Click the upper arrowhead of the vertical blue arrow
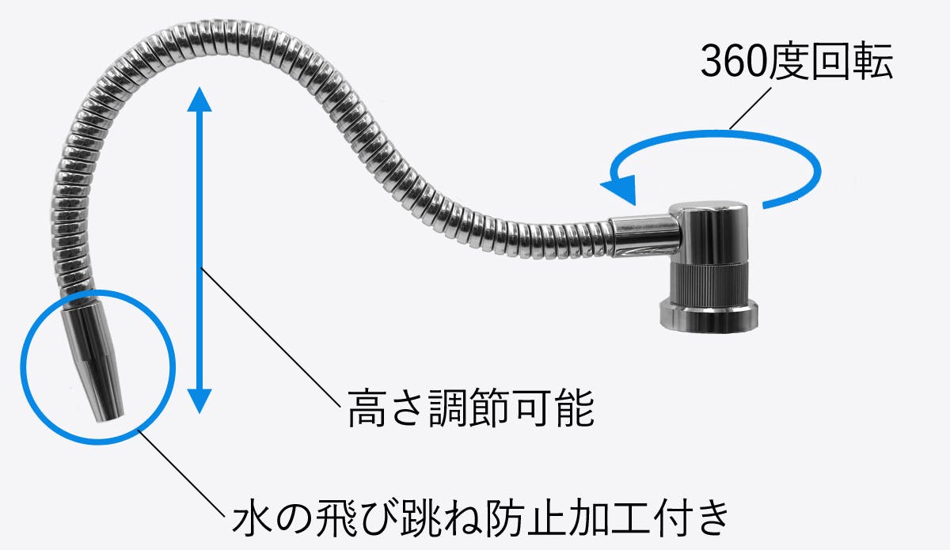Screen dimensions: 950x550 199,99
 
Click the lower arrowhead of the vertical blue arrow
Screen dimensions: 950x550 199,400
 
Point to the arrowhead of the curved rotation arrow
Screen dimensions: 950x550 619,189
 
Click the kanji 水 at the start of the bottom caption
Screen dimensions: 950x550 252,519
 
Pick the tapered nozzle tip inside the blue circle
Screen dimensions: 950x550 94,360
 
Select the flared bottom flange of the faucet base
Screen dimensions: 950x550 709,316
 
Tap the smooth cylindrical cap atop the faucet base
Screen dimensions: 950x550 709,233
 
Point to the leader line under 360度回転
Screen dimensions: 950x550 750,108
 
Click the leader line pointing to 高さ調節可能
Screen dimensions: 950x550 271,337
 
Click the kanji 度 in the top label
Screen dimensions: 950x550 788,62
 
